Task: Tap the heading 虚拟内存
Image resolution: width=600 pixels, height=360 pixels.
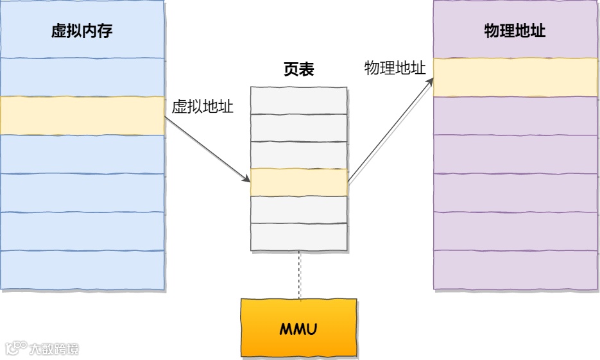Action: click(x=82, y=31)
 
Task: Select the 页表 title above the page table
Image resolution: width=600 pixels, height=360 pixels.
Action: click(x=298, y=70)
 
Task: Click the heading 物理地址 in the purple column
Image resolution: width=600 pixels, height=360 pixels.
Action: click(x=515, y=31)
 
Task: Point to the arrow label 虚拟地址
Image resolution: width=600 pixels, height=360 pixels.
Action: click(x=202, y=107)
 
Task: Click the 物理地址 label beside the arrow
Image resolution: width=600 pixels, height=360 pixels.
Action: click(x=395, y=69)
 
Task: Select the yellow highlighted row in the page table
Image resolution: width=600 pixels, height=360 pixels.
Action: click(x=299, y=182)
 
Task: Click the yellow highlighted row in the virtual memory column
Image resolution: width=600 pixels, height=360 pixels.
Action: click(x=82, y=116)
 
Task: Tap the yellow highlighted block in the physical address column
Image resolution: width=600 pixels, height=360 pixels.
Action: click(x=516, y=78)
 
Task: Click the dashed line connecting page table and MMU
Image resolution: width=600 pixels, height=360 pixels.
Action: click(x=299, y=275)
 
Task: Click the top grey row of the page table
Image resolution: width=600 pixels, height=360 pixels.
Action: click(x=299, y=100)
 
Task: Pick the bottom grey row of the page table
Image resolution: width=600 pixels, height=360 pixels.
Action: click(x=299, y=237)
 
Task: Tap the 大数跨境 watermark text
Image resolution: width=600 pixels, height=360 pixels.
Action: click(x=54, y=349)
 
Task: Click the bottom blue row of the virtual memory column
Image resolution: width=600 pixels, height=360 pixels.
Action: click(x=82, y=270)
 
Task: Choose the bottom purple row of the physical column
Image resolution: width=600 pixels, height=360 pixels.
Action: click(x=516, y=270)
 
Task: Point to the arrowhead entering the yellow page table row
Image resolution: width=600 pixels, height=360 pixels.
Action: click(x=246, y=178)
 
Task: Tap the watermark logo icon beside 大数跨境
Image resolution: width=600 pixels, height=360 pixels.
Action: click(x=16, y=348)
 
